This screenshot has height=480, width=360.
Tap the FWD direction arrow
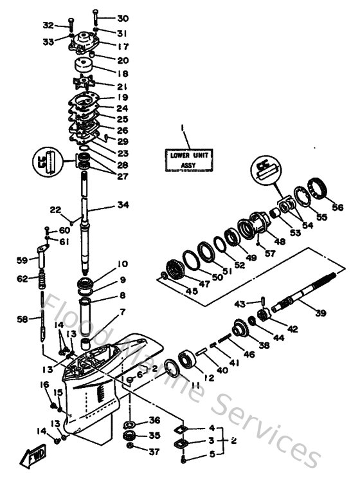click(32, 458)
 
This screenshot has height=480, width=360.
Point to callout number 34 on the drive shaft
click(123, 205)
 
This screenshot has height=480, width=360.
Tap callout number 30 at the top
click(122, 18)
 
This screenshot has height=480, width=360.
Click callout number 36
click(154, 421)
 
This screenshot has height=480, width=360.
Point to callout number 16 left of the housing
click(45, 384)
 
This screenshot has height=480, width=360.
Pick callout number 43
click(240, 304)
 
